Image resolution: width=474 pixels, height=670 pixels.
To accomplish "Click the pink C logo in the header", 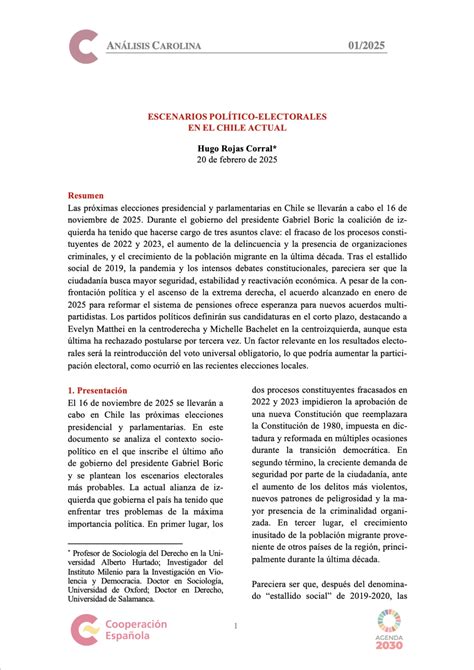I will click(82, 46).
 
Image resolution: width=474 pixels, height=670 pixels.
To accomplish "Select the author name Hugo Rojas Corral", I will click(234, 147).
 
